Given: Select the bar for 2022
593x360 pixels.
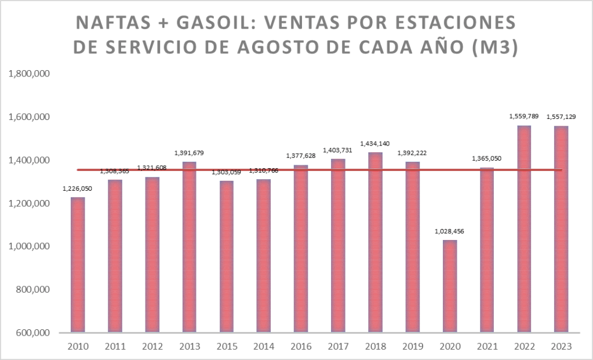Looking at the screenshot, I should (x=524, y=228).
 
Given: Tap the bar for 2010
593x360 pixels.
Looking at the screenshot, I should (x=78, y=264).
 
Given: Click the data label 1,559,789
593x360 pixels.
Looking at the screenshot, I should (x=524, y=117).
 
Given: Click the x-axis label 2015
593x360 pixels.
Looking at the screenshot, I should (x=227, y=346).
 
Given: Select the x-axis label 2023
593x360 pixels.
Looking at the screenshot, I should (x=561, y=346).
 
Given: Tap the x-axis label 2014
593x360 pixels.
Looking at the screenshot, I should (x=264, y=346).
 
